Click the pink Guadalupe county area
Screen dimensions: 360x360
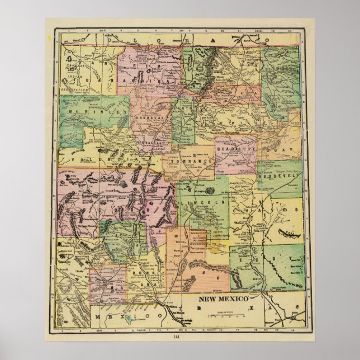coord(235,159)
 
